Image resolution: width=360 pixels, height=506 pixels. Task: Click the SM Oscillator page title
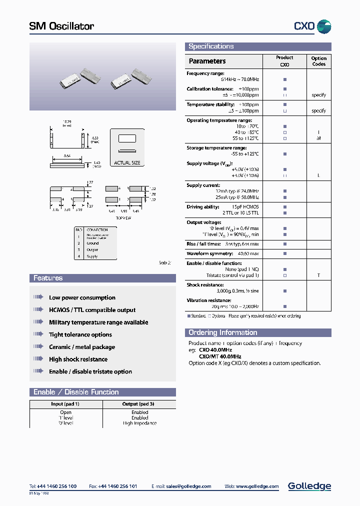pos(61,26)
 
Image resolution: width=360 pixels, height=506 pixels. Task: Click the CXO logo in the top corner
pos(311,26)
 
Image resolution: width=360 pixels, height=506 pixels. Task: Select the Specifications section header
pos(211,46)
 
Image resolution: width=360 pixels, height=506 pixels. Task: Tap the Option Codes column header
pos(318,61)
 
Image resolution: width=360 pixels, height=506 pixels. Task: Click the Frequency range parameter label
pos(205,73)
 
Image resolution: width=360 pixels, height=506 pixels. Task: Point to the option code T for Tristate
pos(318,275)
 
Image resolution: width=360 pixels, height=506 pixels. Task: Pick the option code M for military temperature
pos(318,138)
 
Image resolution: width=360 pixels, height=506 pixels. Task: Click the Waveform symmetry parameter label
pos(209,253)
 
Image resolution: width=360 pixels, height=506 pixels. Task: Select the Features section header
pos(48,278)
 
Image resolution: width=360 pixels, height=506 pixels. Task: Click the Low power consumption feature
pos(82,298)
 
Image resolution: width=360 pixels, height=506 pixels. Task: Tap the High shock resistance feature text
pos(78,359)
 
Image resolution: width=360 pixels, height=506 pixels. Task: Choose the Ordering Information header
pos(222,333)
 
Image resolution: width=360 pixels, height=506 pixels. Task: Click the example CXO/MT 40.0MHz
pos(220,356)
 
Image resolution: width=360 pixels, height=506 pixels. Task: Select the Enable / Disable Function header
pos(76,392)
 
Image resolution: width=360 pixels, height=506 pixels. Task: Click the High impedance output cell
pos(139,423)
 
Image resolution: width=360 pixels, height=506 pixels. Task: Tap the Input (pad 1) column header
pos(65,404)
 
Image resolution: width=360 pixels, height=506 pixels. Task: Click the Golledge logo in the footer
pos(309,486)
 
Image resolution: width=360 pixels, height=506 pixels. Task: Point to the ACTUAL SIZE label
pos(127,163)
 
